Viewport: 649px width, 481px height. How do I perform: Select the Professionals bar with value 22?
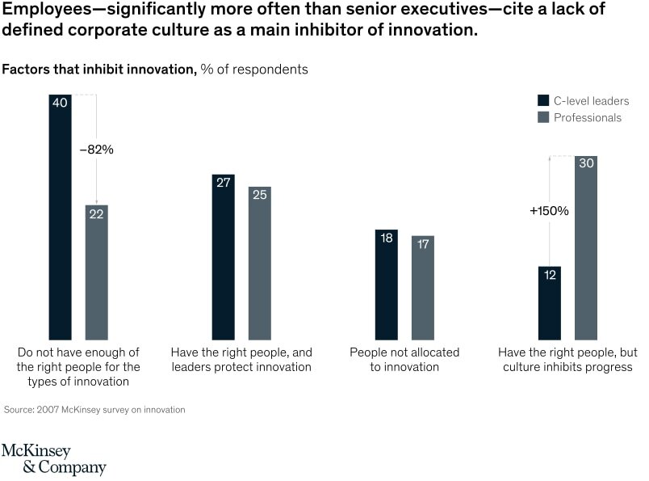(x=96, y=272)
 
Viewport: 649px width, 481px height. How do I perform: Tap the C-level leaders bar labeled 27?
(x=224, y=256)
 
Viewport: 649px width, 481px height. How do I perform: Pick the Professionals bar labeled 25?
(x=259, y=263)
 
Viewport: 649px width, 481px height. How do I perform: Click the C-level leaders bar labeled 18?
(x=387, y=285)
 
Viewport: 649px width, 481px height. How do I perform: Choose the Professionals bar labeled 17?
(x=422, y=288)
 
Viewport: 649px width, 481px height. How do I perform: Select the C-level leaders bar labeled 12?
(x=550, y=303)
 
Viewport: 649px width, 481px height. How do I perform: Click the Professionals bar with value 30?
(x=586, y=247)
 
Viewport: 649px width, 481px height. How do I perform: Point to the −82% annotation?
(x=96, y=150)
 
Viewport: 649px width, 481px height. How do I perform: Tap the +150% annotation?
(x=549, y=210)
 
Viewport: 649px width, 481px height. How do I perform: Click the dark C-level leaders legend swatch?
(x=543, y=101)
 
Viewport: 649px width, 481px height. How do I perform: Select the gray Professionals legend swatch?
(x=543, y=117)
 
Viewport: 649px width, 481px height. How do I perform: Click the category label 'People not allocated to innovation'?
(x=404, y=360)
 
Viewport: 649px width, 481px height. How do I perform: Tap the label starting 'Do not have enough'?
(x=78, y=367)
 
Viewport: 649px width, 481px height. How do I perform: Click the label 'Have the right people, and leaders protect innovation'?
(x=241, y=360)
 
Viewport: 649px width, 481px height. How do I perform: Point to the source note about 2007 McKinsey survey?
(x=95, y=410)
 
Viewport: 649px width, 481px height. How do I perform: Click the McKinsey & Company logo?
(x=53, y=459)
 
